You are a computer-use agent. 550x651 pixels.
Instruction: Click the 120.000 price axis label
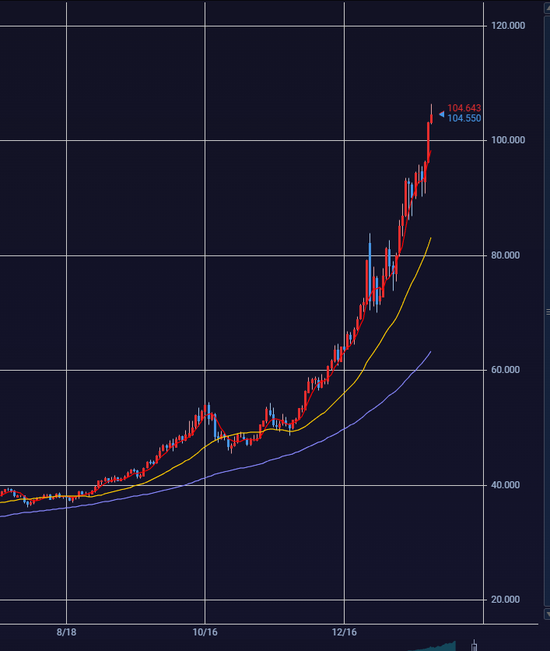(x=507, y=26)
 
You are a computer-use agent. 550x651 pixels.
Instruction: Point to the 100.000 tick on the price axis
(x=507, y=140)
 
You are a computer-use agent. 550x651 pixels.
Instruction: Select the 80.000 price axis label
(x=507, y=255)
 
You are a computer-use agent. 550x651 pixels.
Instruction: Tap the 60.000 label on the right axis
(x=507, y=370)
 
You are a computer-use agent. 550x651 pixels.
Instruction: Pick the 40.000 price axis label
(x=507, y=485)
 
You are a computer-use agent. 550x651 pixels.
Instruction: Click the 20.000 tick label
(x=507, y=600)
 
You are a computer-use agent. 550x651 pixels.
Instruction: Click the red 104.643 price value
(x=464, y=108)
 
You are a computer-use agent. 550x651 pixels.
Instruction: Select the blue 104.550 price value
(x=464, y=118)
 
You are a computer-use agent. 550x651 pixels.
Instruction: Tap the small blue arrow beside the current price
(x=441, y=114)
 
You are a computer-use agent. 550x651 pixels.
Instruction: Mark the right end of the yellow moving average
(x=430, y=238)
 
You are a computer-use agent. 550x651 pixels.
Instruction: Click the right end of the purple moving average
(x=430, y=352)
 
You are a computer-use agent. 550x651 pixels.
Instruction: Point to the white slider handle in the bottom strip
(x=475, y=645)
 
